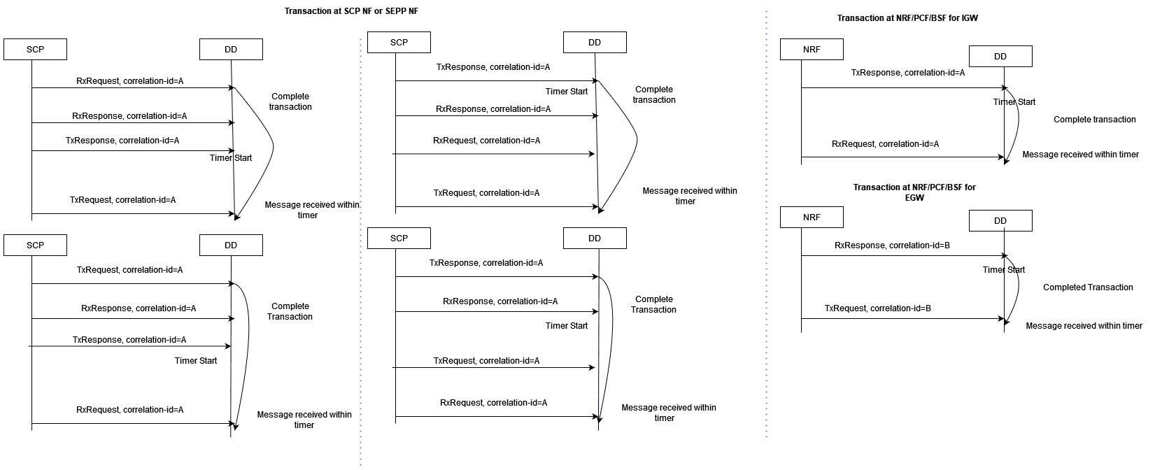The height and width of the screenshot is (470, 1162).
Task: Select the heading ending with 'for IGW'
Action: point(907,18)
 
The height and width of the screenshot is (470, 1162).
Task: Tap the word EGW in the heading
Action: point(914,198)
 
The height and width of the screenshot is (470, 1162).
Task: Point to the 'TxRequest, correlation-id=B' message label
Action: point(877,308)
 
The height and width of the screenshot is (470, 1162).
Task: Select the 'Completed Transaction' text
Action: point(1088,287)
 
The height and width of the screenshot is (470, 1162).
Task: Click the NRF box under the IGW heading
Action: point(812,50)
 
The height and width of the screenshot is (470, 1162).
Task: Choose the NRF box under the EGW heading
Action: point(812,218)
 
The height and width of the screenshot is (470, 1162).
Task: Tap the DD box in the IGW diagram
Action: point(1000,57)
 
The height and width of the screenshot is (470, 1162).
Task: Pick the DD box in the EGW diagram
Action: point(1000,221)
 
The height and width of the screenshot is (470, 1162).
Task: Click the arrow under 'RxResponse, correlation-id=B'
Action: point(902,256)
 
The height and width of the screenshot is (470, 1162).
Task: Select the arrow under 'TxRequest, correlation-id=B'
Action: point(902,319)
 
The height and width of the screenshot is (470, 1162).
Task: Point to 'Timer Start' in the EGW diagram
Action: point(1003,270)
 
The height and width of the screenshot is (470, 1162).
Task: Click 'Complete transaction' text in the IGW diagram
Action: point(1094,120)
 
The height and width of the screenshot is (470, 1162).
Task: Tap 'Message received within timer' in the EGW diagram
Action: point(1084,326)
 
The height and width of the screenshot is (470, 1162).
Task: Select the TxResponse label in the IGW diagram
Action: point(907,73)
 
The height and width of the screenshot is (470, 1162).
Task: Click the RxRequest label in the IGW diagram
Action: point(885,144)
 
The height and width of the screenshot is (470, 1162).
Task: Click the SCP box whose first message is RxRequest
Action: point(35,50)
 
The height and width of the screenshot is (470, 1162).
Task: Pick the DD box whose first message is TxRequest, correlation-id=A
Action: point(231,245)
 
